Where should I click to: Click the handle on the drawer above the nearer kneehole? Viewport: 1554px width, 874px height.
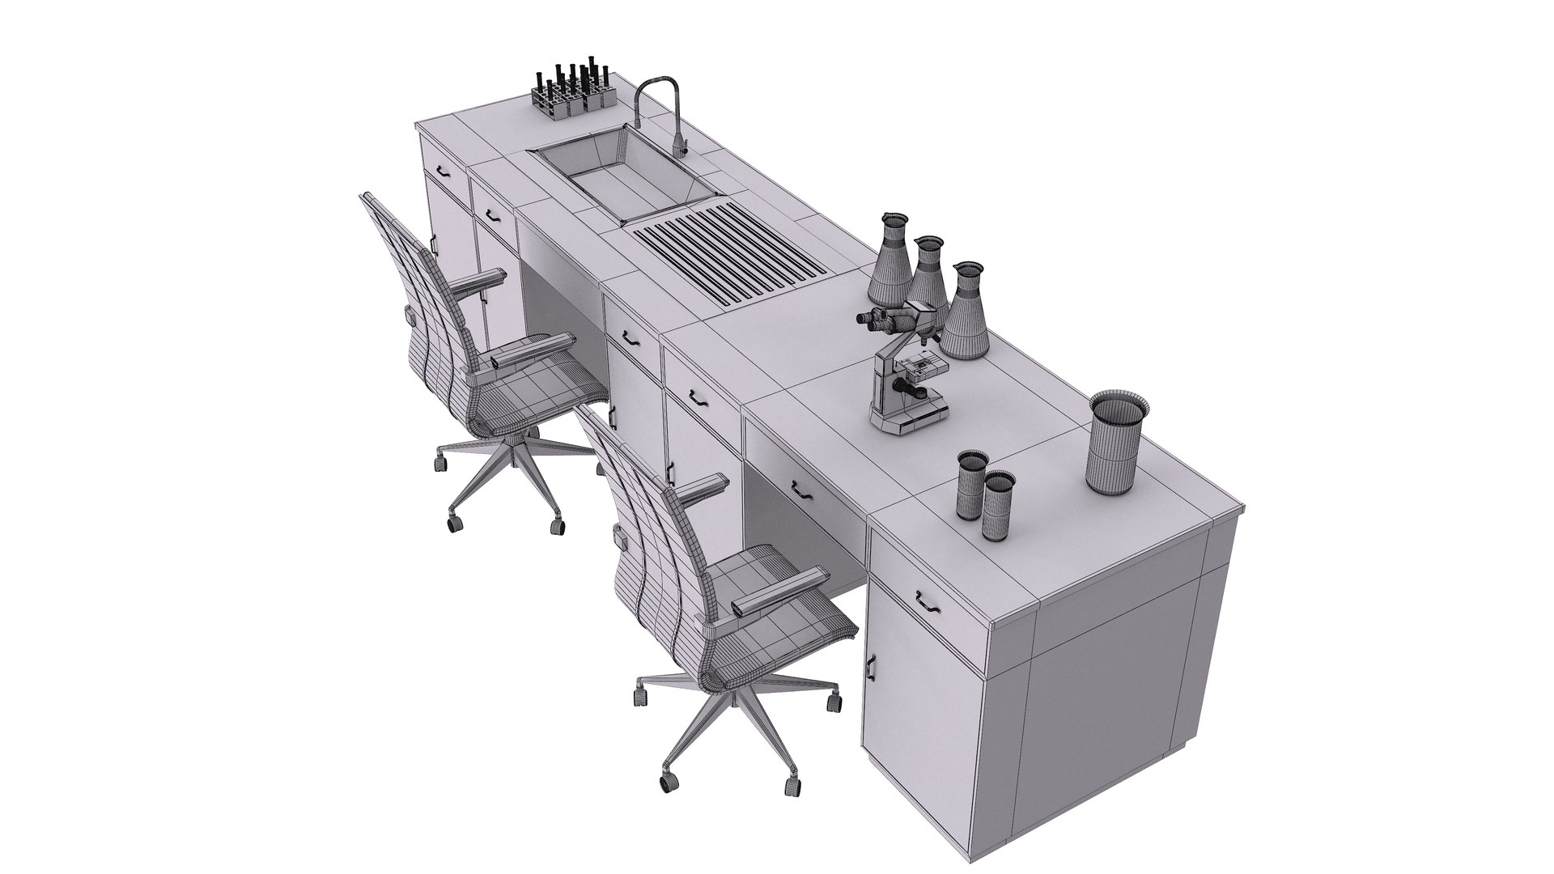point(802,489)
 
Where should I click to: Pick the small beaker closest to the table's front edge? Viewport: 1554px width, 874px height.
point(998,507)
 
